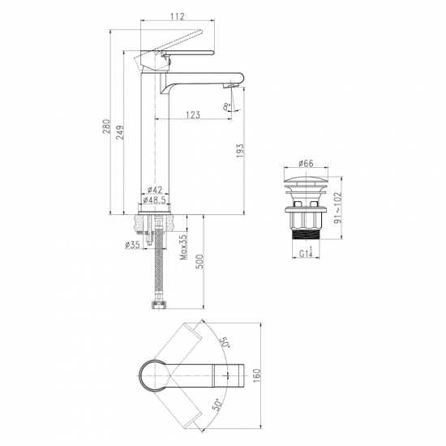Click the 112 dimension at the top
(178, 16)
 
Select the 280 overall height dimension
(105, 127)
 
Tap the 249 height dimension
(120, 132)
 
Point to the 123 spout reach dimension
(193, 114)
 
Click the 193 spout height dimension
(240, 151)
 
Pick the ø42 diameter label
(155, 190)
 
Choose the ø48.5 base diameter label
(154, 200)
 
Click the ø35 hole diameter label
(132, 245)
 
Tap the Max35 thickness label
(183, 247)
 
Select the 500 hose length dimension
(200, 262)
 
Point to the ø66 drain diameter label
(306, 163)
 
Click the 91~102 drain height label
(337, 208)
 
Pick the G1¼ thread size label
(306, 252)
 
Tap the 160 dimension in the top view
(256, 375)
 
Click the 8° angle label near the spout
(227, 107)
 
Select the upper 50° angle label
(225, 342)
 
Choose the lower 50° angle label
(217, 405)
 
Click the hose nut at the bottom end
(159, 305)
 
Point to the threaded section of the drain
(306, 235)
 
